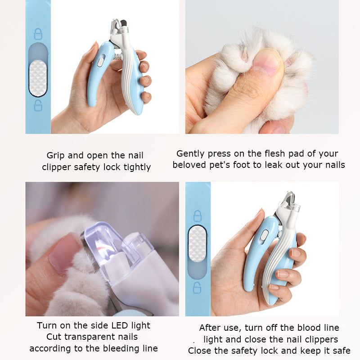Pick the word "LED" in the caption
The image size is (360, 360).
[119, 325]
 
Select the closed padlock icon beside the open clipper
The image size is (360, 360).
[38, 34]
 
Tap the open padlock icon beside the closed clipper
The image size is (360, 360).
[197, 288]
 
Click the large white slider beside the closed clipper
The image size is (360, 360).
[197, 244]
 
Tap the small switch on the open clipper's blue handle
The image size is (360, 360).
[100, 62]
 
